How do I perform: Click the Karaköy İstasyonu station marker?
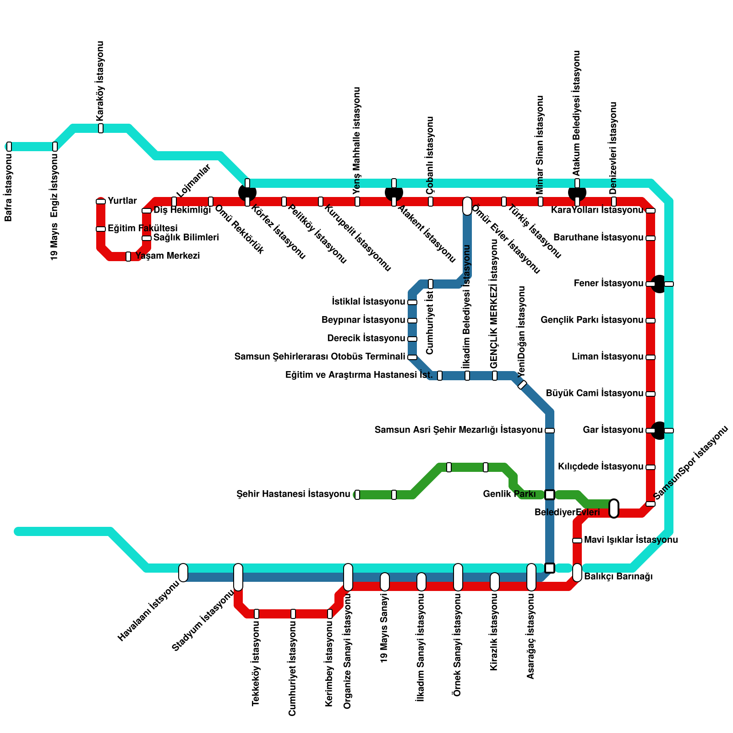[101, 128]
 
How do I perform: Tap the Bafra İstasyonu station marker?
[9, 147]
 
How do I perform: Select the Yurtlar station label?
[122, 201]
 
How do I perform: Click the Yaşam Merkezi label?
[168, 256]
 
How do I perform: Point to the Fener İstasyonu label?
[608, 284]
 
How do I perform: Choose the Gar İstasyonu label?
[613, 430]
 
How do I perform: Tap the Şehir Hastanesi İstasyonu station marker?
[357, 495]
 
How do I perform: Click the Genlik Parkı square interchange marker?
[550, 495]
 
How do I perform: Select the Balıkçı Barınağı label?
[618, 577]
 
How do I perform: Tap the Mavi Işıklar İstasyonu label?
[631, 540]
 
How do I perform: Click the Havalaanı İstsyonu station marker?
[183, 573]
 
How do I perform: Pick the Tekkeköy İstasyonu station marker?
[257, 614]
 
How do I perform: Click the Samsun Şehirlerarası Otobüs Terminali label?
[319, 357]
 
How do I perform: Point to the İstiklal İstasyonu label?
[368, 302]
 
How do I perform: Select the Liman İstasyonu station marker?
[651, 357]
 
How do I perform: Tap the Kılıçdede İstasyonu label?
[601, 467]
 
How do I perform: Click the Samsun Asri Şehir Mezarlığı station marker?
[550, 431]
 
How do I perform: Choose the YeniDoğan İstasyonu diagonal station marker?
[522, 385]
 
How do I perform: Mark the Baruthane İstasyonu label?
[598, 238]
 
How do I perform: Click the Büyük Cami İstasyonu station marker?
[651, 394]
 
